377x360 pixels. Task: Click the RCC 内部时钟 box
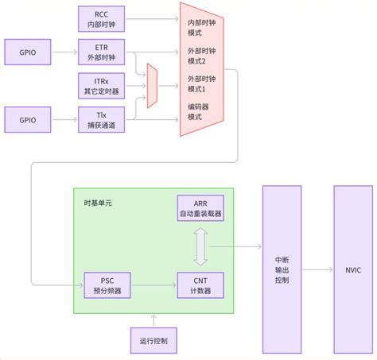[102, 19]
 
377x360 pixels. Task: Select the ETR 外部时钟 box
[102, 52]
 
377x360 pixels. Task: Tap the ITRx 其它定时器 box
[102, 85]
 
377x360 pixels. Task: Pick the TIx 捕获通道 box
[102, 119]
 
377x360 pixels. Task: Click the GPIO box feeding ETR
[28, 52]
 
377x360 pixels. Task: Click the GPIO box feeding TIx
[28, 119]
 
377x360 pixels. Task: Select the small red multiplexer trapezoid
[152, 85]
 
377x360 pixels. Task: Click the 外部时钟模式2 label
[202, 56]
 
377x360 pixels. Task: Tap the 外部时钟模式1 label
[202, 84]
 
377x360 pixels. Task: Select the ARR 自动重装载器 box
[200, 209]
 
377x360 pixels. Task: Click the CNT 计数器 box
[200, 285]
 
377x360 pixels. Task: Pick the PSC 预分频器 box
[107, 285]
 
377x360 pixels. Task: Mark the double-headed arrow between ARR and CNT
[200, 247]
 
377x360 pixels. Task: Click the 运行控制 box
[154, 340]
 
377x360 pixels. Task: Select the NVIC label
[353, 270]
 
